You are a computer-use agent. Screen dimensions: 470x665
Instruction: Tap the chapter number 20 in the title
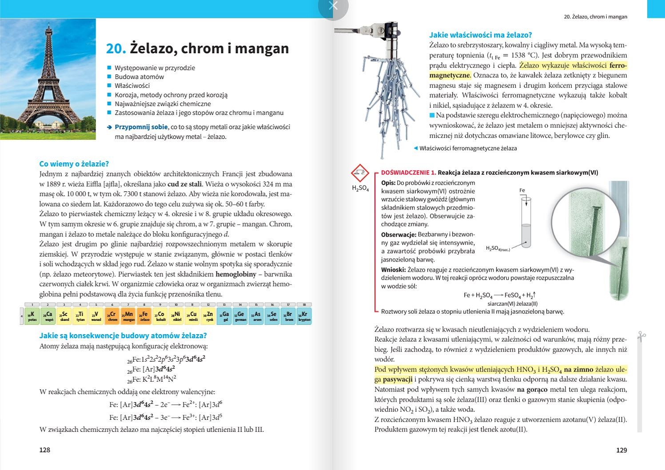point(116,48)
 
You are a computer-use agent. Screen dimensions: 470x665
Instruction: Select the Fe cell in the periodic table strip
point(144,316)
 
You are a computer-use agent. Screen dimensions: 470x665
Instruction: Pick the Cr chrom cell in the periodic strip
point(112,316)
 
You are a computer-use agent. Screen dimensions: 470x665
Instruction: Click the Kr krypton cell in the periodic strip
point(304,316)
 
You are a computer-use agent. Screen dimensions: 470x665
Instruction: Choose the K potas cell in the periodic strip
point(32,316)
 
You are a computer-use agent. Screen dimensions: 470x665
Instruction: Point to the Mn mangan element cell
point(128,316)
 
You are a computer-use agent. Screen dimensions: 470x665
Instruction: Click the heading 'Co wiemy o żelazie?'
point(74,164)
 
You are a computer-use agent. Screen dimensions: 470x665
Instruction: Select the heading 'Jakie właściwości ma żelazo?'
point(480,35)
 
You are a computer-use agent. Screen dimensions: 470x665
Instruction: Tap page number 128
point(45,450)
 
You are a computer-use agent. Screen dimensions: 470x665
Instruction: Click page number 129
point(621,450)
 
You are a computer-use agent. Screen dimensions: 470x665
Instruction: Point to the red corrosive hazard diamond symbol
point(360,173)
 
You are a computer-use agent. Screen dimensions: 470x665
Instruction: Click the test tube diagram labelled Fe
point(526,222)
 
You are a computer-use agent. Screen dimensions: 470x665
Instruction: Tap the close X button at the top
point(333,6)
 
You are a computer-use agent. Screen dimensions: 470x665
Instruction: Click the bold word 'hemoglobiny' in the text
point(235,274)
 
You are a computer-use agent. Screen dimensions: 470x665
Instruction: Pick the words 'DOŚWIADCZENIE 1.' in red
point(408,173)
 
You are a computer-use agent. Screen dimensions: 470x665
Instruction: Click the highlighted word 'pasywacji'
point(398,379)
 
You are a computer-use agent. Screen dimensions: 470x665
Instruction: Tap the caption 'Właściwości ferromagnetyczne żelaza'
point(468,148)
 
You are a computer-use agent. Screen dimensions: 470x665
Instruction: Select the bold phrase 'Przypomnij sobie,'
point(141,127)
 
